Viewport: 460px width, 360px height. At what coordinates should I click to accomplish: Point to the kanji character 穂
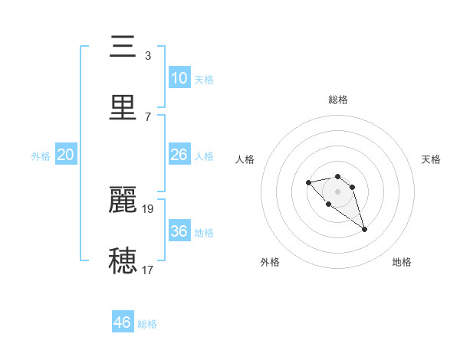[123, 260]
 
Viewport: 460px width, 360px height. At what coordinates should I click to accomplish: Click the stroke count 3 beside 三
[148, 55]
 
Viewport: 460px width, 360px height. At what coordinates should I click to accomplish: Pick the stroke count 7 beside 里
[148, 116]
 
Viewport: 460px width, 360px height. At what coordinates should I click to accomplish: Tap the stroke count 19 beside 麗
[149, 208]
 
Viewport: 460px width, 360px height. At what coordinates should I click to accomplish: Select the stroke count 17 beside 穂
[148, 269]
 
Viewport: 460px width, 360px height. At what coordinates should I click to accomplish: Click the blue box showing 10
[179, 78]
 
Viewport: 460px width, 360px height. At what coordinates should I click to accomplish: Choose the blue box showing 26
[179, 155]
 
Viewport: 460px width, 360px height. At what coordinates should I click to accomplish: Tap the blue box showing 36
[179, 231]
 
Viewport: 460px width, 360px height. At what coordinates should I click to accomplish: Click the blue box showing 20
[65, 155]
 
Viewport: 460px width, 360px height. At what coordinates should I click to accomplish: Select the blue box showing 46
[123, 322]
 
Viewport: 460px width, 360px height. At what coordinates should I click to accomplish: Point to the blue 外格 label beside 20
[41, 156]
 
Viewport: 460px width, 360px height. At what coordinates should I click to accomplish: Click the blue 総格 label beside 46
[147, 324]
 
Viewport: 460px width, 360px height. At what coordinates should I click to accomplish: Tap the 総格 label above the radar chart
[337, 100]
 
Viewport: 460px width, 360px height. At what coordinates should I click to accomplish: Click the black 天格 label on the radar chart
[431, 159]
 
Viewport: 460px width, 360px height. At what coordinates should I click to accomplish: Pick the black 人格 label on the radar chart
[245, 159]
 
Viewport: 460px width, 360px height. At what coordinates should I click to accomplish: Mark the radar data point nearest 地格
[364, 229]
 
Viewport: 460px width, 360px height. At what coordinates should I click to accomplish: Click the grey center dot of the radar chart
[337, 191]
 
